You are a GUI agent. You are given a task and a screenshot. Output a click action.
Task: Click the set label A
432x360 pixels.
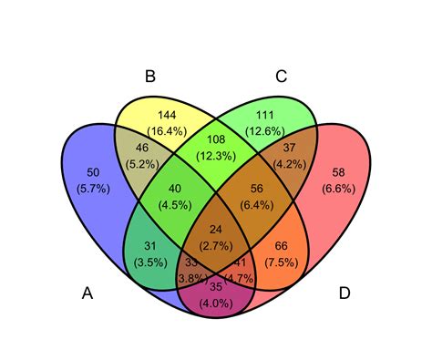[87, 293]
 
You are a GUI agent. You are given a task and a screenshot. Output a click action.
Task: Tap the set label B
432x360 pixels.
[150, 77]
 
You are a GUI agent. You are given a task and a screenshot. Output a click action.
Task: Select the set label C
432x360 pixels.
[282, 77]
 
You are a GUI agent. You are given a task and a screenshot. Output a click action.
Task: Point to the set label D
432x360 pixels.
[345, 293]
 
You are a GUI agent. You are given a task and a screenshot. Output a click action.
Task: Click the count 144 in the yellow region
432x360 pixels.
[167, 115]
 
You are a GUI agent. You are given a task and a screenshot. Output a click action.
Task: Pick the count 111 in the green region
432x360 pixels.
[265, 115]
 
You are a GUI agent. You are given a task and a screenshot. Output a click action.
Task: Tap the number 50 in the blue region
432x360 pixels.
[93, 172]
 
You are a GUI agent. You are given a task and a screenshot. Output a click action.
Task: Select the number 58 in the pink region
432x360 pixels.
[338, 172]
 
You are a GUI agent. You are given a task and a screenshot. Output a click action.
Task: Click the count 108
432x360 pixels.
[216, 139]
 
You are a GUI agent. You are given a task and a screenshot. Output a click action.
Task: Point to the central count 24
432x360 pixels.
[216, 230]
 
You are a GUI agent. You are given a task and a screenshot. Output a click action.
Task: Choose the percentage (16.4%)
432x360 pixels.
[167, 131]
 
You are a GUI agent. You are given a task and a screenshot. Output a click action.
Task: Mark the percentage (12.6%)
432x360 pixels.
[265, 131]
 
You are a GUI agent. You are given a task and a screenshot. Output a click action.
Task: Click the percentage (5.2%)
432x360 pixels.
[142, 164]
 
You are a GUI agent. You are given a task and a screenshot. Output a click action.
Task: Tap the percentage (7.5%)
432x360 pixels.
[282, 262]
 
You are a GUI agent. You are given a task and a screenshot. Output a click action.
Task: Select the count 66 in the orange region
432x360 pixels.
[282, 246]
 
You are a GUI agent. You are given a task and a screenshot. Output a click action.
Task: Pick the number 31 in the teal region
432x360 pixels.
[150, 246]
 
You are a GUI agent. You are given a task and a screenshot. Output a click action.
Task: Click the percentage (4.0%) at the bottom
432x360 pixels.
[216, 303]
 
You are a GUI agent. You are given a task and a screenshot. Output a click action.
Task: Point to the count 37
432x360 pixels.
[289, 148]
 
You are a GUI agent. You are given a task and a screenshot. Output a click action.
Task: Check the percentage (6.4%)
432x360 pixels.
[257, 205]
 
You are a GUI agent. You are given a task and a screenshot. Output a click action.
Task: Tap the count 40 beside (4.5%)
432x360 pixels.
[175, 189]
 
